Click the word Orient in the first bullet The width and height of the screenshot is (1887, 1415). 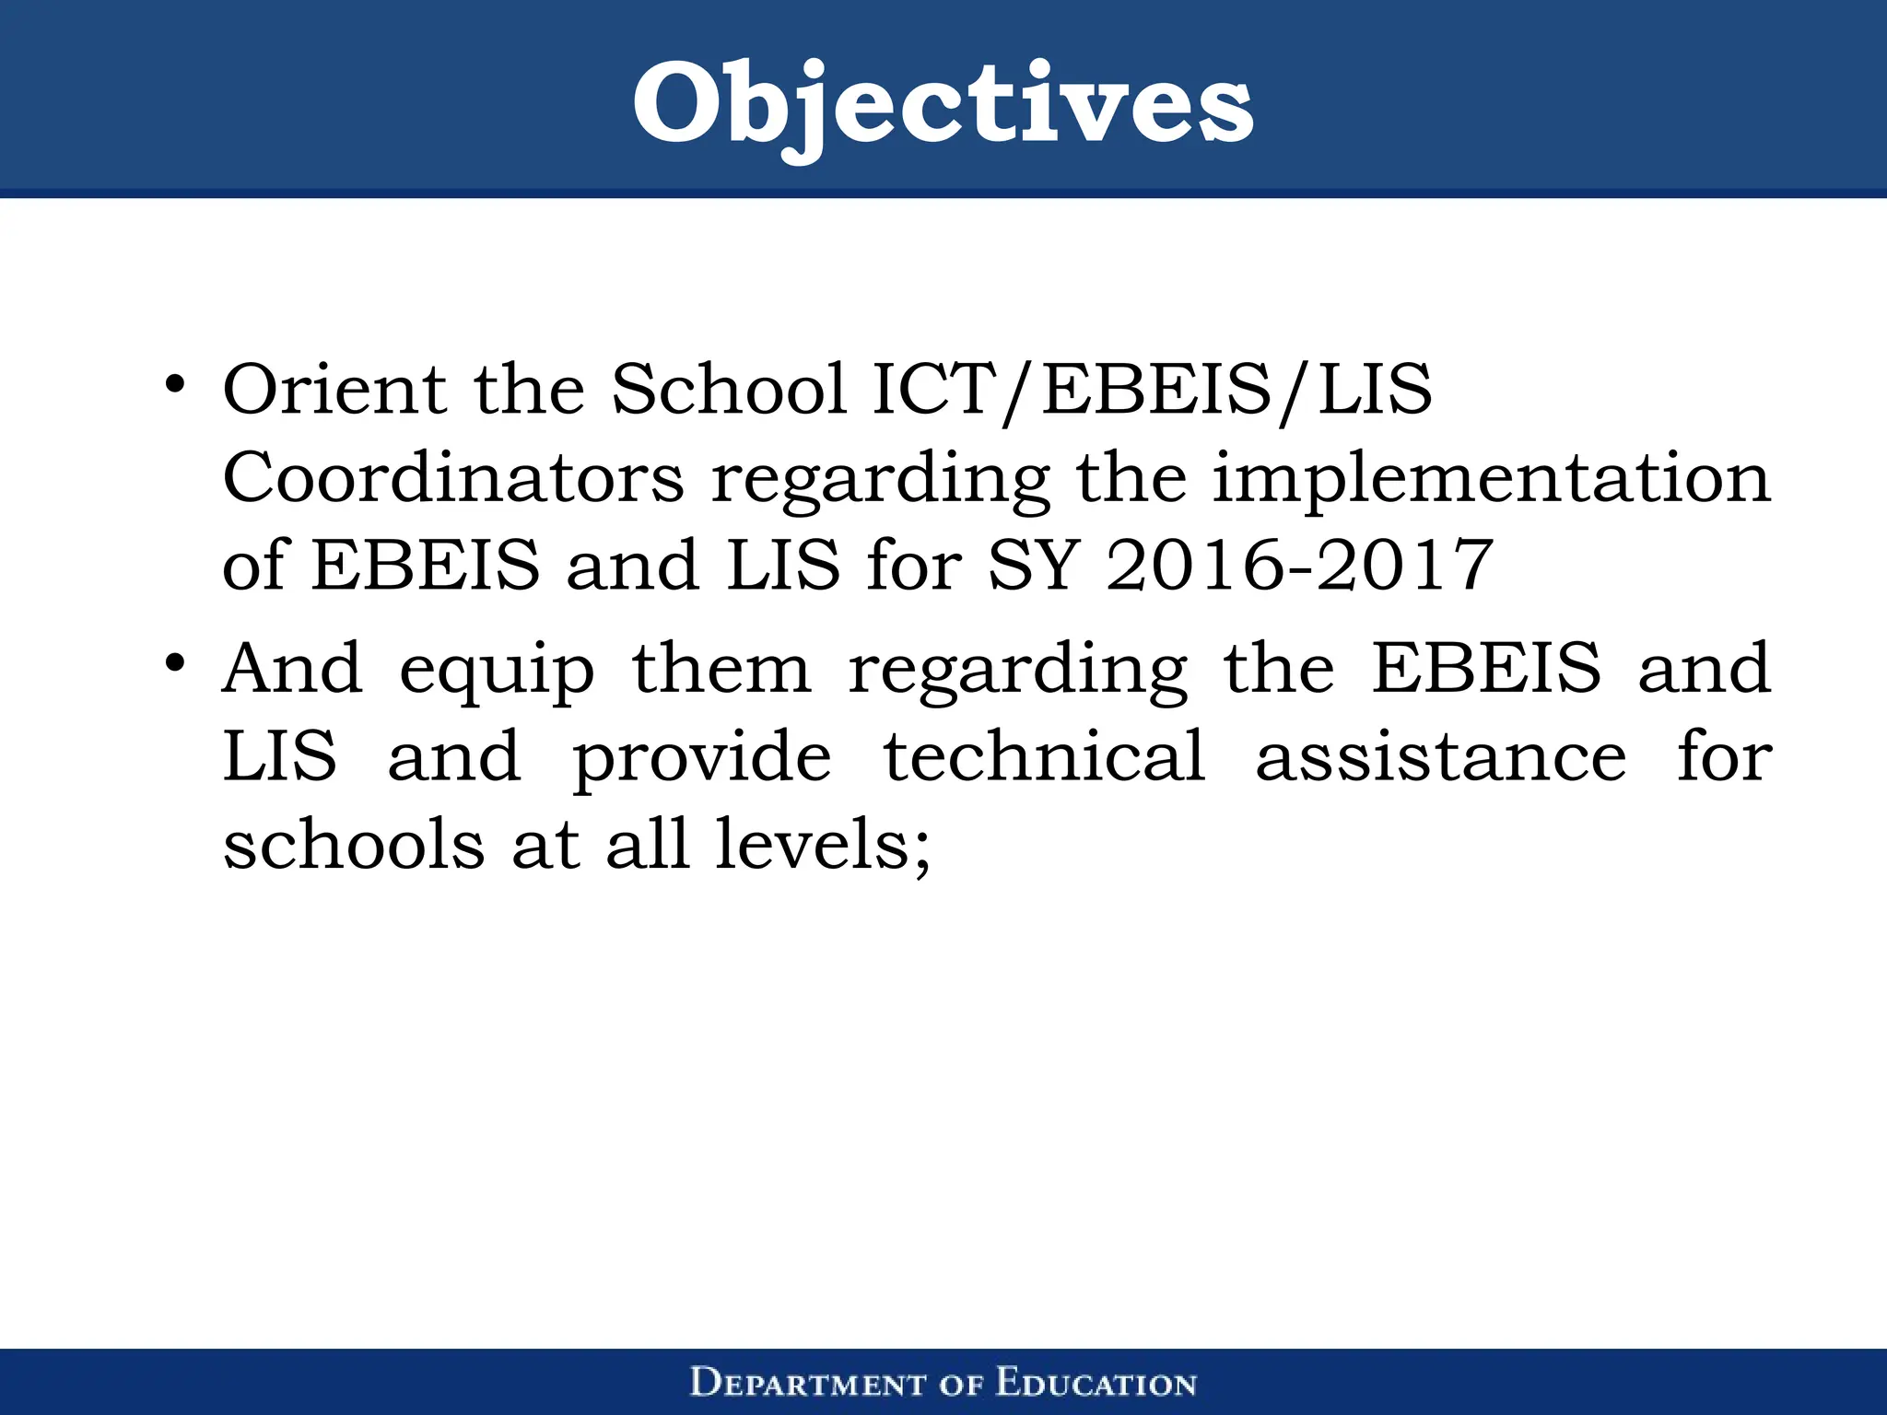334,389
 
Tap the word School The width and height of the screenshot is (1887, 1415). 729,389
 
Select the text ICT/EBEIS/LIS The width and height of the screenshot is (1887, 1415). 1152,391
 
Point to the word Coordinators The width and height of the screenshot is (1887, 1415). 453,478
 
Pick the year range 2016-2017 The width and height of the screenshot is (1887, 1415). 1299,565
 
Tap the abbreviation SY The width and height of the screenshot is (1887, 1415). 1033,565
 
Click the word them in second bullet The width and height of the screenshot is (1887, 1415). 721,668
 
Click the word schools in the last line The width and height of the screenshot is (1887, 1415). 354,844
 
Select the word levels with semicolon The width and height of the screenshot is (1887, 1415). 823,846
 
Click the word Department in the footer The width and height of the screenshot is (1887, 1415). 807,1384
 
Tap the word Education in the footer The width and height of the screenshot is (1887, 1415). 1096,1384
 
